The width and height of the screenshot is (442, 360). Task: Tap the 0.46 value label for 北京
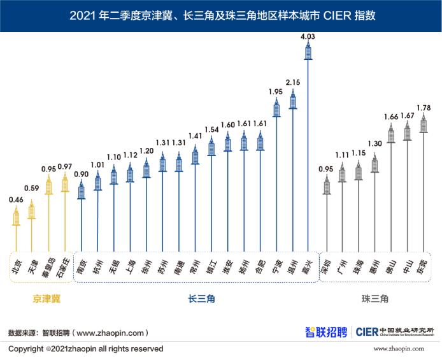click(x=16, y=199)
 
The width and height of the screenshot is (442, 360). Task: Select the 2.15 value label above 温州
click(x=292, y=83)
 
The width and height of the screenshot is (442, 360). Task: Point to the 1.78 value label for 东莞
click(x=424, y=106)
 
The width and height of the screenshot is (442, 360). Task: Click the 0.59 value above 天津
click(x=32, y=188)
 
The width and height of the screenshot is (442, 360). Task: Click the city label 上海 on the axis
click(x=130, y=266)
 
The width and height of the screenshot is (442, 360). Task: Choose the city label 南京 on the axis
click(x=81, y=266)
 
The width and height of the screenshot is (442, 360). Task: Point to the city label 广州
click(x=343, y=266)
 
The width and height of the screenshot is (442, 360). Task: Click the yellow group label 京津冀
click(x=46, y=298)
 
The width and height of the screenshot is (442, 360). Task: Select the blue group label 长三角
click(x=201, y=298)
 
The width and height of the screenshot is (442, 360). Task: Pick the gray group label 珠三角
click(x=374, y=298)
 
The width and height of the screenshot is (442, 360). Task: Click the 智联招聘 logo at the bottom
click(x=325, y=331)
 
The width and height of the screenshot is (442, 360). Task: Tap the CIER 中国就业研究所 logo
click(x=395, y=331)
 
